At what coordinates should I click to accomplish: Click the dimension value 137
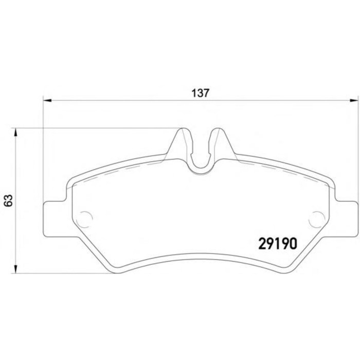(x=201, y=93)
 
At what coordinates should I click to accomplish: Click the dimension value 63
(x=9, y=201)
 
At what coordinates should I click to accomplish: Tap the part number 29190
(x=278, y=244)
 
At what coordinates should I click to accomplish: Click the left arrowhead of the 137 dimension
(x=47, y=100)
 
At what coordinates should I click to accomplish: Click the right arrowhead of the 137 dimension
(x=354, y=100)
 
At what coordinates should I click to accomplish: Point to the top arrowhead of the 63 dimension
(x=15, y=133)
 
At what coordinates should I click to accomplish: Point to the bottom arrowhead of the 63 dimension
(x=15, y=269)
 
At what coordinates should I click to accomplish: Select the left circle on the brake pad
(x=84, y=219)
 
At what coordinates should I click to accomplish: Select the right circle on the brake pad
(x=317, y=219)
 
